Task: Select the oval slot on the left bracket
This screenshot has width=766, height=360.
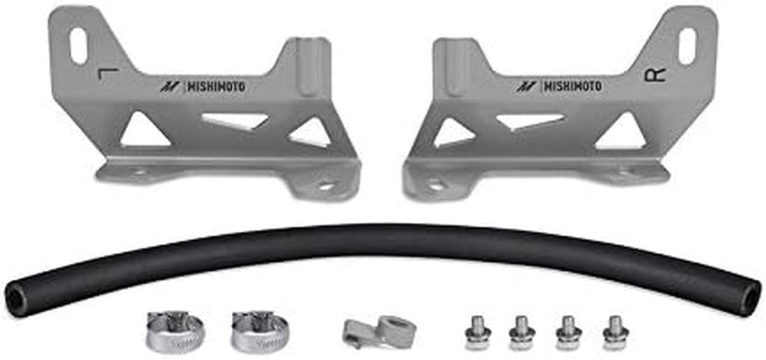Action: tap(78, 46)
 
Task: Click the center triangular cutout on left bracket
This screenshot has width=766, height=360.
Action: tap(233, 120)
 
